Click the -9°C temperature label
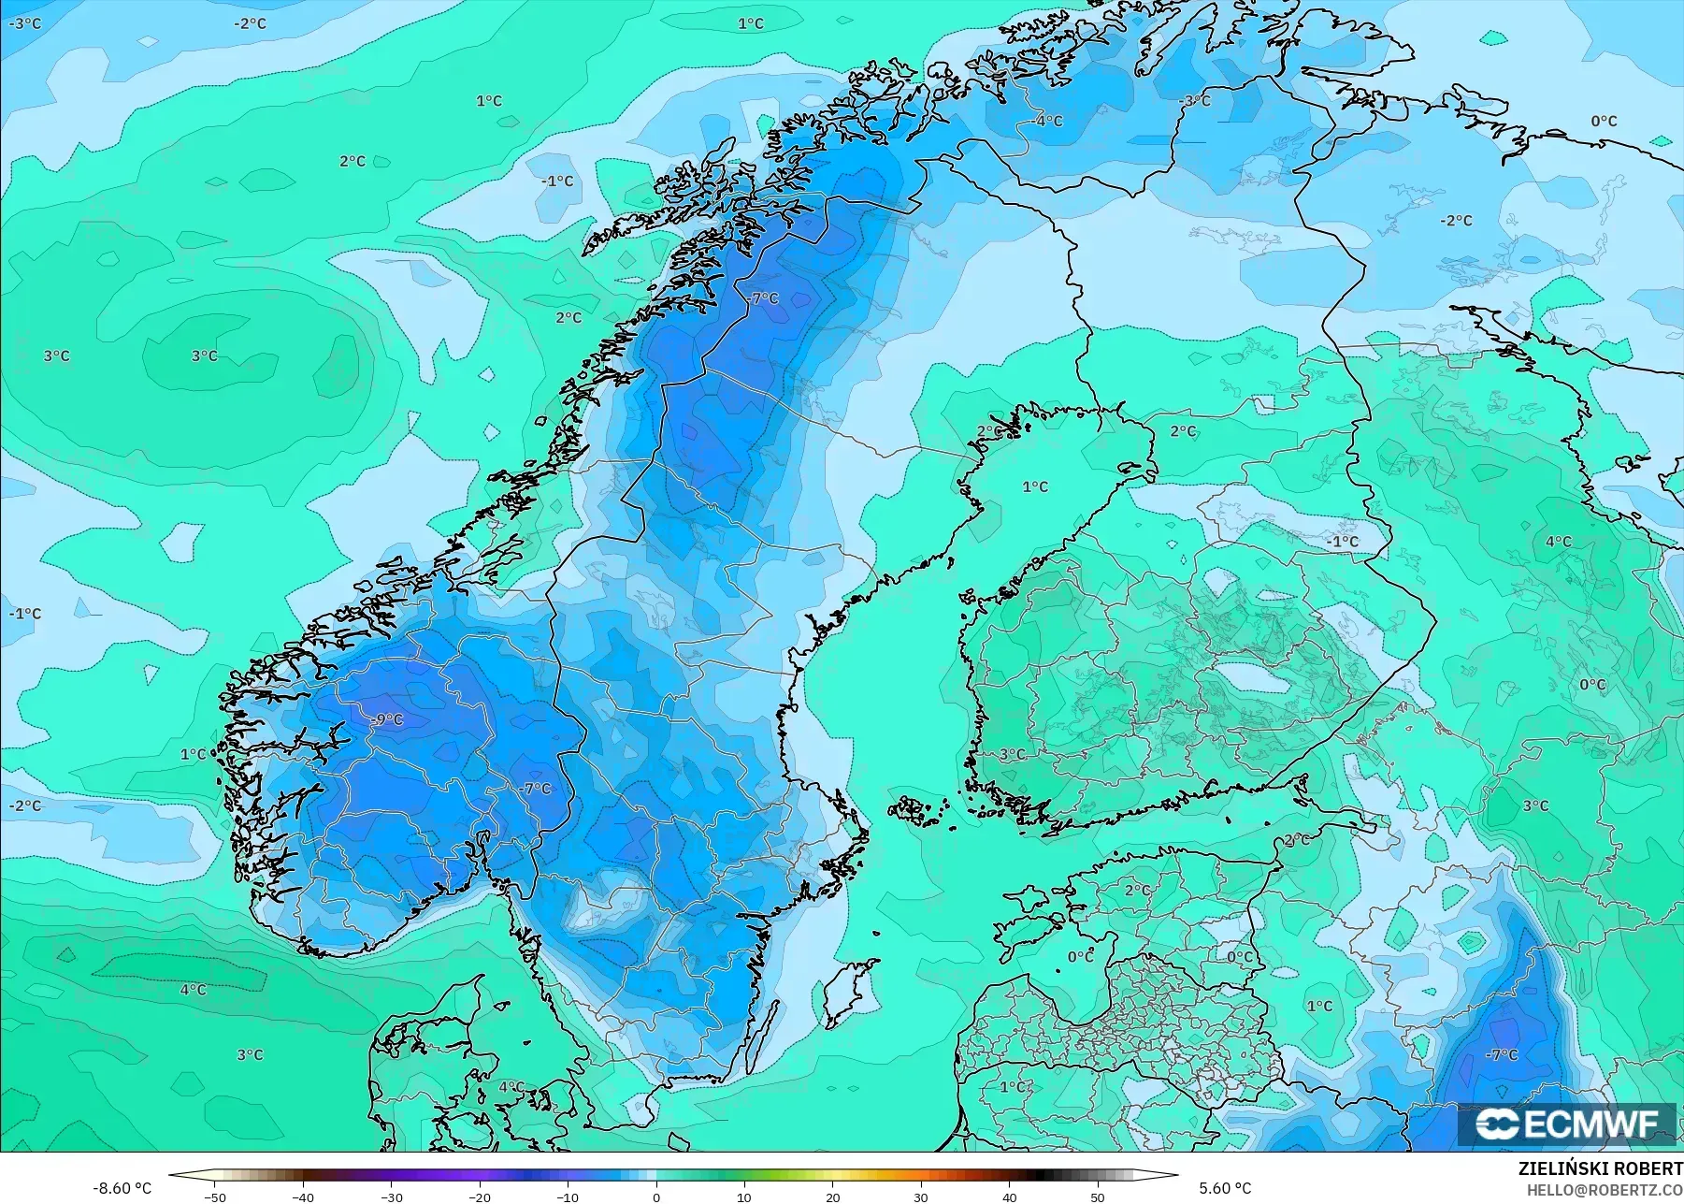pyautogui.click(x=387, y=719)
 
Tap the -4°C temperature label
pyautogui.click(x=1048, y=121)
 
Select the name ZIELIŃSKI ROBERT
pyautogui.click(x=1600, y=1168)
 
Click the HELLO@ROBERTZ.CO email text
pyautogui.click(x=1605, y=1189)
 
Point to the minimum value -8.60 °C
pyautogui.click(x=122, y=1188)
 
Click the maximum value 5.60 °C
pyautogui.click(x=1225, y=1188)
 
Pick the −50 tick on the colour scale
pyautogui.click(x=215, y=1197)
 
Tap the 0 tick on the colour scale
pyautogui.click(x=656, y=1197)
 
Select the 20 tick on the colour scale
pyautogui.click(x=833, y=1197)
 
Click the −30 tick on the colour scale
pyautogui.click(x=392, y=1197)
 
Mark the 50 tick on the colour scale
pyautogui.click(x=1098, y=1197)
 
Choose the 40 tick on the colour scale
pyautogui.click(x=1010, y=1197)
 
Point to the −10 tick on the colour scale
pyautogui.click(x=568, y=1197)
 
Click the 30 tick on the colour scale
pyautogui.click(x=921, y=1197)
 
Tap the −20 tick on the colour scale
pyautogui.click(x=480, y=1197)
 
